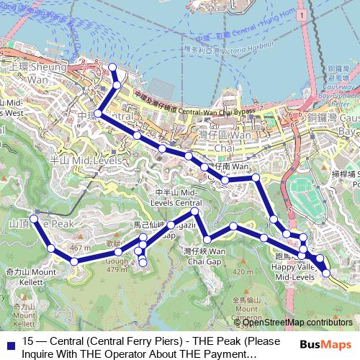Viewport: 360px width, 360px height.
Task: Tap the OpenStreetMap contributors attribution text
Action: click(297, 323)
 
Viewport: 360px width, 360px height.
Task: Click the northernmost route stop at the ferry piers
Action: click(112, 68)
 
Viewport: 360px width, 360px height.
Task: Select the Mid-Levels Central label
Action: click(176, 199)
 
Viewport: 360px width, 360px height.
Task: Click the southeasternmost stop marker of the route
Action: click(326, 273)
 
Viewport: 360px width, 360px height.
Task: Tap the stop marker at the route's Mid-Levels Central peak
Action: click(194, 212)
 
